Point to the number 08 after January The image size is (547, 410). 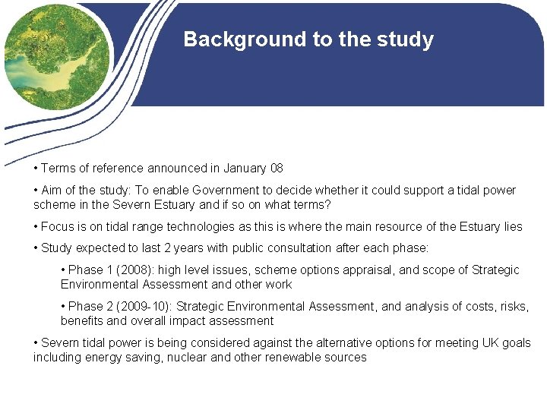[x=275, y=168]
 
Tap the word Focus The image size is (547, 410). [x=58, y=226]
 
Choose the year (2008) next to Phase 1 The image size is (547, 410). [x=128, y=270]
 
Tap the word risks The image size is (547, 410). [x=513, y=306]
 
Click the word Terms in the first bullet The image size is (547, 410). [x=56, y=168]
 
